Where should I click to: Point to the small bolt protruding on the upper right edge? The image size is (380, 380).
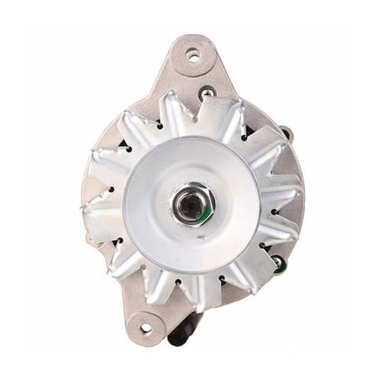[x=286, y=134]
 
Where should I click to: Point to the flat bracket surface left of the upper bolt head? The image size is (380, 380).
[x=175, y=88]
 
